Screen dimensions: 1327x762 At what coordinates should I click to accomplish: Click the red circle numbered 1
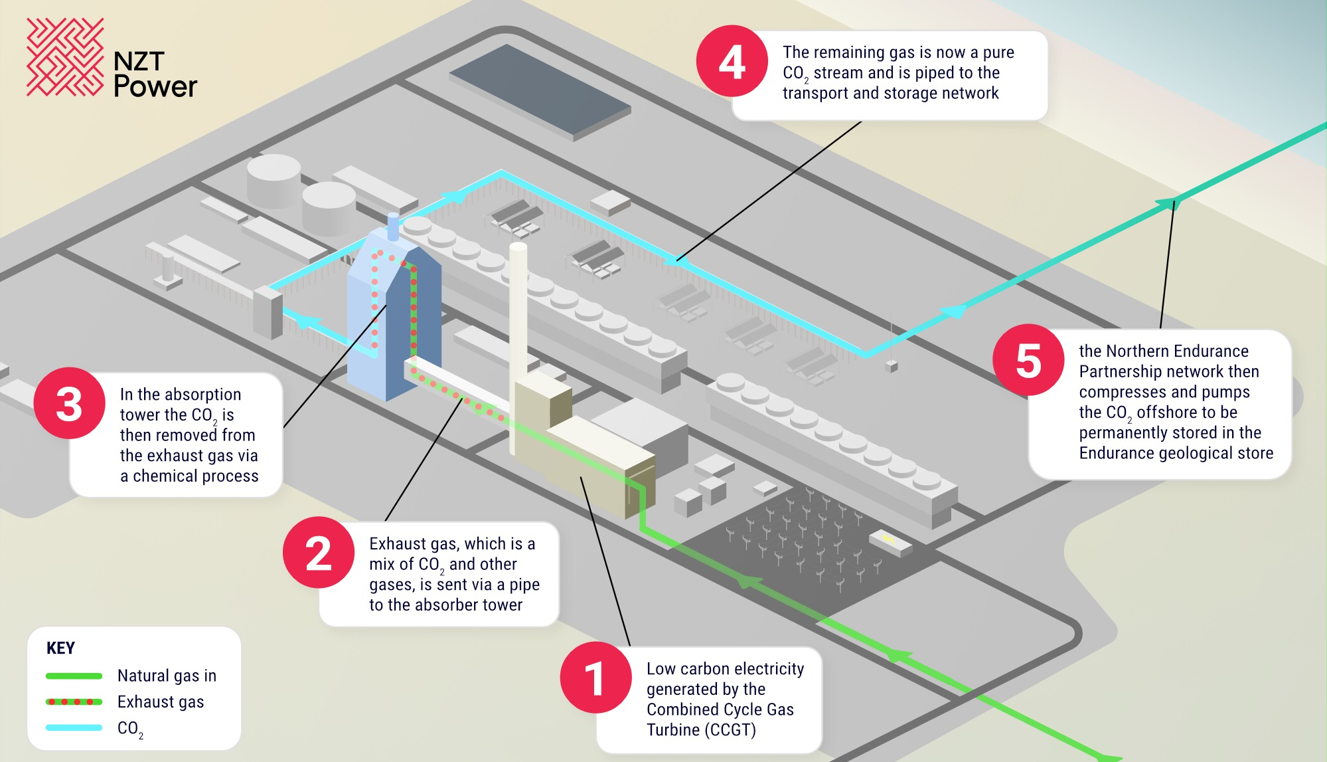click(x=596, y=678)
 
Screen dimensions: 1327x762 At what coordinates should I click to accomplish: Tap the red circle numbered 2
click(x=319, y=553)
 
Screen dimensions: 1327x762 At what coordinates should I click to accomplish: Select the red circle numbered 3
click(x=70, y=403)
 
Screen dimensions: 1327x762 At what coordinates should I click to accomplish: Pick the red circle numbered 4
click(x=732, y=61)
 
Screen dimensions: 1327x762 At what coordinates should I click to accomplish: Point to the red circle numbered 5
click(x=1029, y=360)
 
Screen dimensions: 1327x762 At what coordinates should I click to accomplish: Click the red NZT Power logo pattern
click(x=65, y=57)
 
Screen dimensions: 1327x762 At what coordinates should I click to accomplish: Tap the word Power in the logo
click(x=155, y=86)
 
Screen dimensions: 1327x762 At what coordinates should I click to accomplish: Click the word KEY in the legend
click(x=60, y=648)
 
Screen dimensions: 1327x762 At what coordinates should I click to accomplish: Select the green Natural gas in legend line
click(x=74, y=676)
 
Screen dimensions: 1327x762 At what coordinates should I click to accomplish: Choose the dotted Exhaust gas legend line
click(x=74, y=702)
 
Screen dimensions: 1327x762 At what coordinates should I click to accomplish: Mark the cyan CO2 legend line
click(x=74, y=727)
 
